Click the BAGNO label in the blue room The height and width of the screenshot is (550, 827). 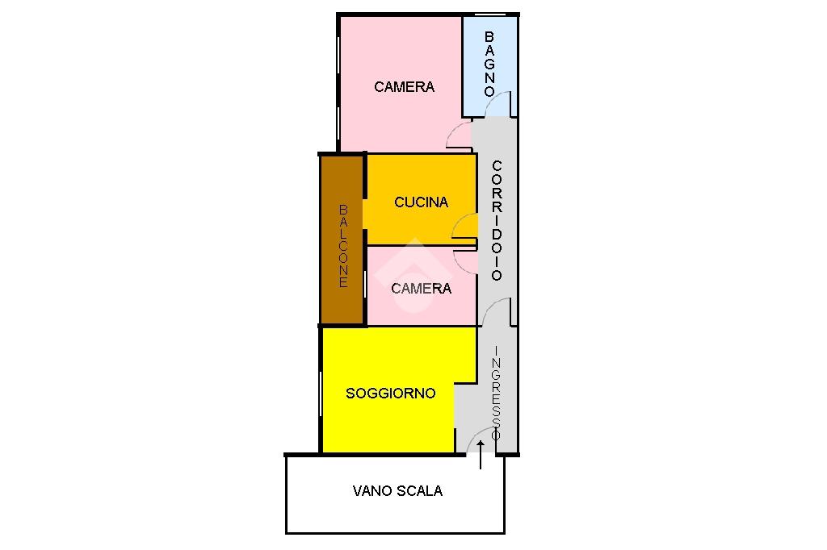point(489,64)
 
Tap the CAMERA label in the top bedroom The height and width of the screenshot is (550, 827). point(404,87)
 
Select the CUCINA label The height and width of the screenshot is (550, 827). point(421,202)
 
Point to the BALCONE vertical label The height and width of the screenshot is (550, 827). point(343,246)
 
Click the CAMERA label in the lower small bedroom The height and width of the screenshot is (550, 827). point(421,288)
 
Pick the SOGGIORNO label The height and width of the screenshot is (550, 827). point(390,394)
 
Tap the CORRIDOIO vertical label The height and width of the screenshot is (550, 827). point(497,220)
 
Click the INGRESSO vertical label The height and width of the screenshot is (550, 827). point(496,393)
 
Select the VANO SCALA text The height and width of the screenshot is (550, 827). point(397,490)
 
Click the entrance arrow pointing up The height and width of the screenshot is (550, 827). point(481,456)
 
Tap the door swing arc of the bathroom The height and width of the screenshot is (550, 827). point(500,104)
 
